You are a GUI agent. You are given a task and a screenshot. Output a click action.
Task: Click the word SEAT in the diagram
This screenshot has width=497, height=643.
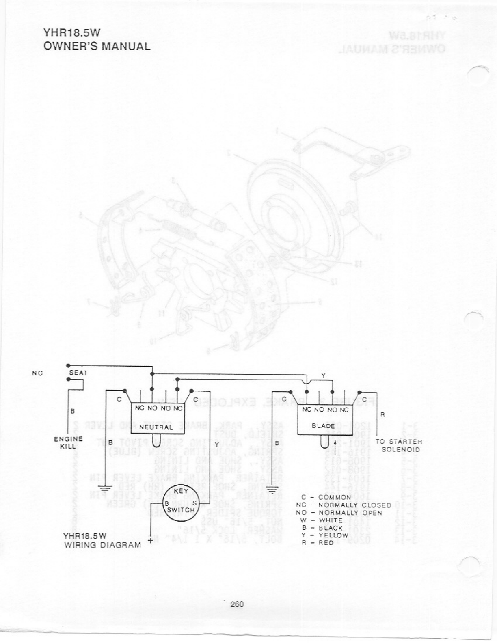[78, 372]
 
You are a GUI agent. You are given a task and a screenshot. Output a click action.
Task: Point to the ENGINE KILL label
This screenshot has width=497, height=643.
[69, 442]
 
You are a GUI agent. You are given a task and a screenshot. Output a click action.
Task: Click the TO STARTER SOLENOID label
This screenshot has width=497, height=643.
[398, 445]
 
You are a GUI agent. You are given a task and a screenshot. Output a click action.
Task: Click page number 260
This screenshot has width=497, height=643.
[237, 604]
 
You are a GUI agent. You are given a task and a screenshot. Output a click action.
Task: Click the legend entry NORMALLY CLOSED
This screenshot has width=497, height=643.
[354, 505]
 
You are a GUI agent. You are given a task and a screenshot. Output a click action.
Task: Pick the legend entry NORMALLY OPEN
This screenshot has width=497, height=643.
[350, 513]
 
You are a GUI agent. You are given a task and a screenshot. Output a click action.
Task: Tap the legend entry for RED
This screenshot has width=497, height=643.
[326, 543]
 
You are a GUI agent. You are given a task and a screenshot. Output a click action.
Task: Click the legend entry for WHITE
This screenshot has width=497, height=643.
[331, 520]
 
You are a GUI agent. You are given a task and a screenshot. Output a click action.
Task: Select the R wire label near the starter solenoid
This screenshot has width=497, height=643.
[382, 415]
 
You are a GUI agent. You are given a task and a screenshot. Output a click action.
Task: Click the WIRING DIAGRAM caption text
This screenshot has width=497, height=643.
[103, 545]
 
